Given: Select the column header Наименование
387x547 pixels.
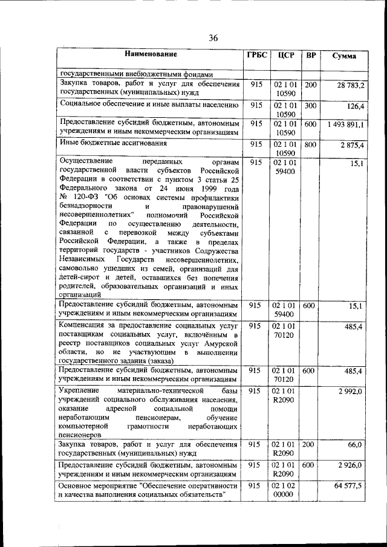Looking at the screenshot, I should click(151, 55).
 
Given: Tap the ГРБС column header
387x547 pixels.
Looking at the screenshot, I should click(256, 56).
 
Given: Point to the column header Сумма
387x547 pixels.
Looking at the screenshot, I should click(344, 56).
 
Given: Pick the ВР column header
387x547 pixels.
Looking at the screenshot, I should click(311, 56).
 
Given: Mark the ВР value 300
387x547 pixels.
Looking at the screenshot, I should click(310, 105).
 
